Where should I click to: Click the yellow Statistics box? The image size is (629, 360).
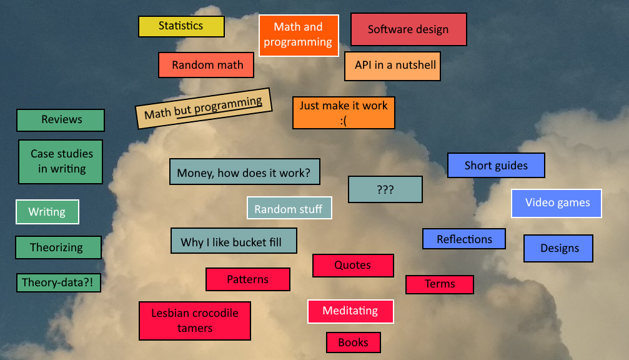click(181, 26)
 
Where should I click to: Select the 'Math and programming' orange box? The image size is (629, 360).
click(299, 35)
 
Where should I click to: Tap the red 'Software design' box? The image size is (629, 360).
click(409, 29)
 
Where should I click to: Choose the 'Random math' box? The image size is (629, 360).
click(206, 65)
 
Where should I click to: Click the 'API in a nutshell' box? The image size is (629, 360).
click(392, 66)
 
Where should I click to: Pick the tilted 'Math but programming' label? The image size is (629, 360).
click(204, 108)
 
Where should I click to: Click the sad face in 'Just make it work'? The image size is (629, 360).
click(344, 121)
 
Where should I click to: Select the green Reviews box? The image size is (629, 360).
click(61, 120)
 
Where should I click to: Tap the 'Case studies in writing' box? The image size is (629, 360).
click(61, 161)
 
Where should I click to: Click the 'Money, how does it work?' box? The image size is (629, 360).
click(244, 172)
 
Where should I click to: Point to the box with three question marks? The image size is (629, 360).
click(385, 189)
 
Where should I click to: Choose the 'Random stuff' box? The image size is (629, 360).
click(289, 208)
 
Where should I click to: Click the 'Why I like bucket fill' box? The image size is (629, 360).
click(234, 241)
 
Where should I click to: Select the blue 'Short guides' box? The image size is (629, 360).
click(496, 166)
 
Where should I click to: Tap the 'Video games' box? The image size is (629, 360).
click(556, 203)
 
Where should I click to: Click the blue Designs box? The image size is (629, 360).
click(558, 248)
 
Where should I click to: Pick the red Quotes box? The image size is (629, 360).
click(353, 265)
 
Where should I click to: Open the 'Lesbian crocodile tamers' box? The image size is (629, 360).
click(194, 321)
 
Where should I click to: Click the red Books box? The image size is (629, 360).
click(353, 342)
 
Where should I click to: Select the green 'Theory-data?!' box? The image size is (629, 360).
click(58, 282)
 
